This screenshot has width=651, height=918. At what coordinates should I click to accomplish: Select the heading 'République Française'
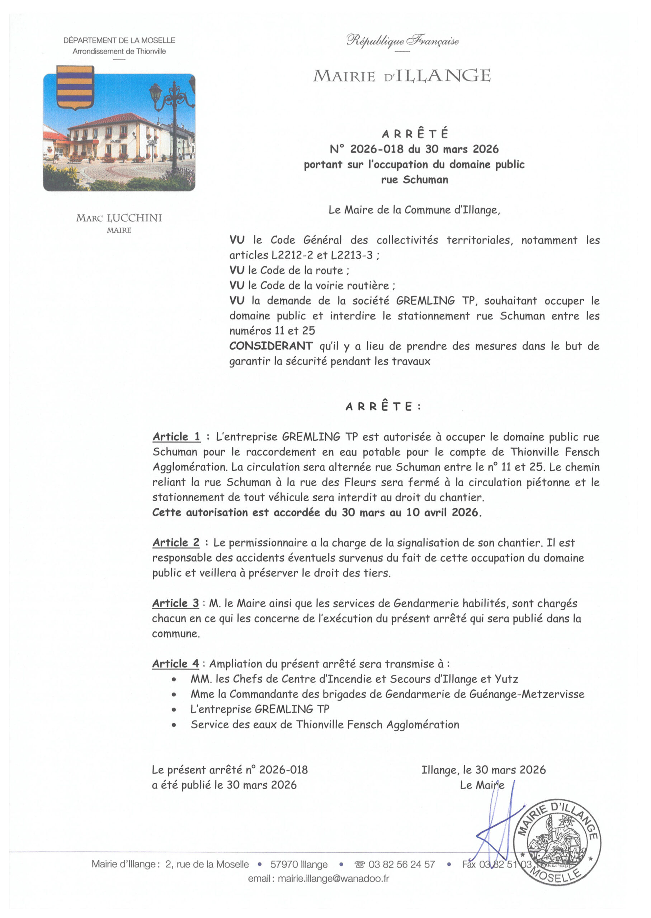tap(402, 41)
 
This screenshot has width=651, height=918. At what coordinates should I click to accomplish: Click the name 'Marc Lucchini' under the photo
tap(119, 218)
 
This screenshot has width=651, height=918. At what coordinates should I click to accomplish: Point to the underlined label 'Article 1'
tap(176, 436)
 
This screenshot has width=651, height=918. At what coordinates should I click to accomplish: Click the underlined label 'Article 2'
tap(176, 543)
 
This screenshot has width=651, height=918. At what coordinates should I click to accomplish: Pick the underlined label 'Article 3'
tap(176, 603)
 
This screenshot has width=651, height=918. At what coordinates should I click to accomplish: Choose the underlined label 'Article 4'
tap(176, 663)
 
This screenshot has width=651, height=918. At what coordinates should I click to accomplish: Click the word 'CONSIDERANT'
tap(271, 346)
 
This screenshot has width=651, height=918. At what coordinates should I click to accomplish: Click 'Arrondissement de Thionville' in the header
tap(119, 51)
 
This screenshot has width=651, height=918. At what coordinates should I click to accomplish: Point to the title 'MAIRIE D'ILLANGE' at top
tap(402, 76)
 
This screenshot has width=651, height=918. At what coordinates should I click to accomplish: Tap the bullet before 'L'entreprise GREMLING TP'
tap(174, 710)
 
